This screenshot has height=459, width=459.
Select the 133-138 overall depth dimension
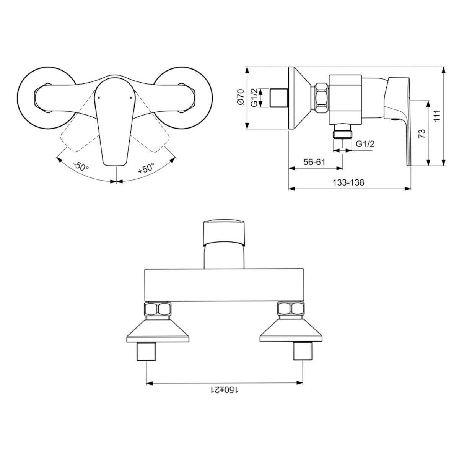click(348, 183)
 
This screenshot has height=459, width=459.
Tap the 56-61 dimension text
click(314, 162)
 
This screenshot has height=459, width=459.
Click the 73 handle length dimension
click(422, 134)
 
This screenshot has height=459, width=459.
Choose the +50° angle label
click(146, 168)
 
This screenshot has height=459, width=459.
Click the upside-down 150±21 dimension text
click(225, 390)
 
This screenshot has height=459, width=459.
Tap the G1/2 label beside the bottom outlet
click(365, 144)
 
